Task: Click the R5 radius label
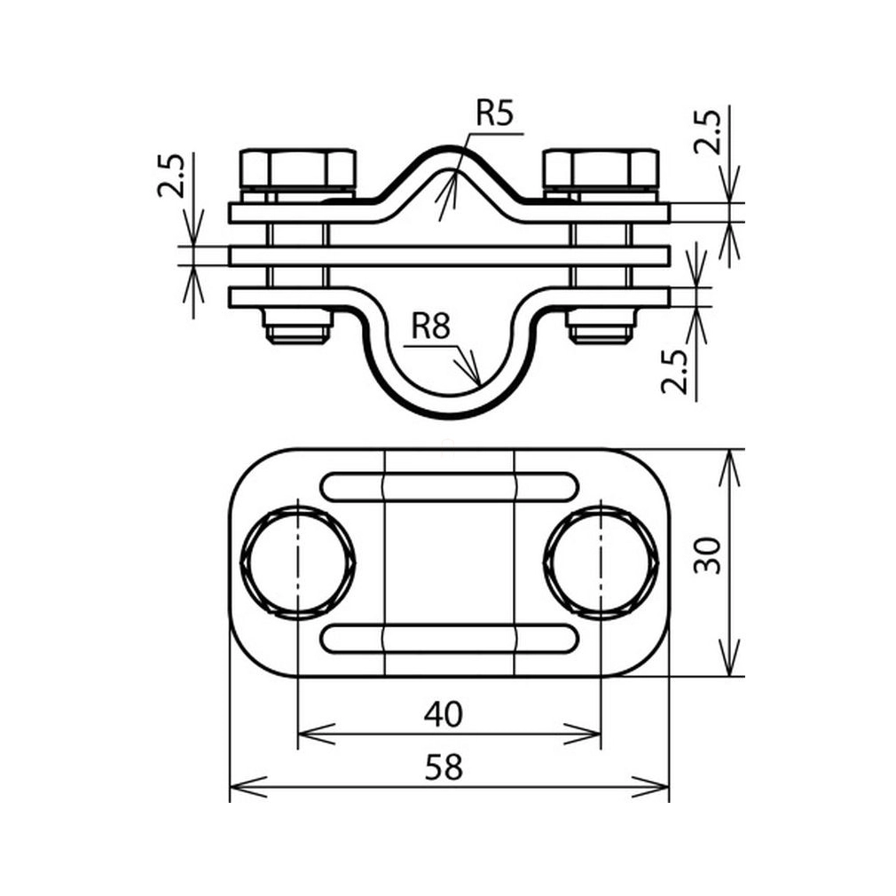tap(495, 113)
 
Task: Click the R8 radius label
tap(431, 327)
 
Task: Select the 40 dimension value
tap(444, 714)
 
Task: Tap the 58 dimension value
tap(444, 766)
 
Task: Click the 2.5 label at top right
tap(707, 131)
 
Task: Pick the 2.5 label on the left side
tap(171, 176)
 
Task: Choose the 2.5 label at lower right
tap(674, 372)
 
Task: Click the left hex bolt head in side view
tap(297, 169)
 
